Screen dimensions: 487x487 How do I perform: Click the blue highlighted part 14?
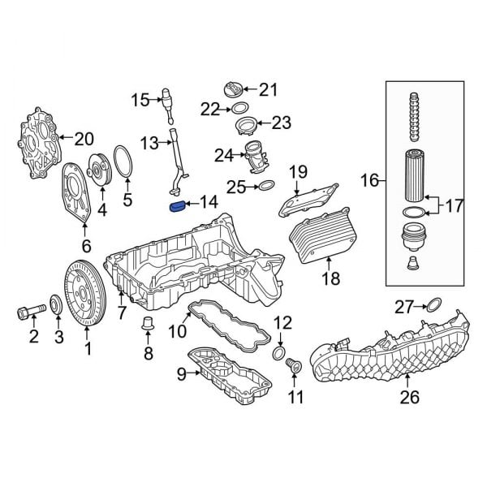click(175, 207)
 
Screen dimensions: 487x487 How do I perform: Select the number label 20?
click(84, 138)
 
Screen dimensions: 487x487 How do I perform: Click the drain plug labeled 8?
click(148, 326)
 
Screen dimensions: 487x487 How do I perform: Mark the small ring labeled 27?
click(433, 306)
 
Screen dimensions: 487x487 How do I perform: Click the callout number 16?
click(370, 180)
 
